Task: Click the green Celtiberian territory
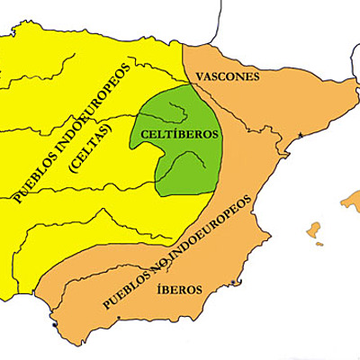[x=180, y=166]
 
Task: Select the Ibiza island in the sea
[x=314, y=230]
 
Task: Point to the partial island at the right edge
[x=351, y=200]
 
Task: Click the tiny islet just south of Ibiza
[x=318, y=245]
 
